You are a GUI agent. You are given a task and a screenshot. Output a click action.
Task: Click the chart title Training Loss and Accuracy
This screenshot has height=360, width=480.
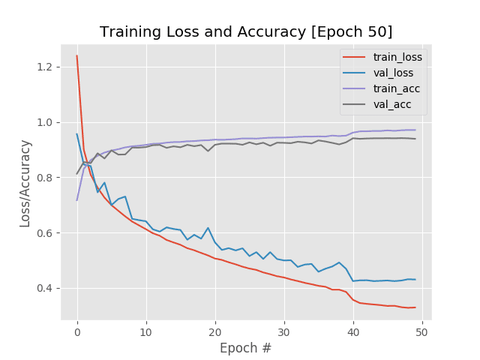(x=246, y=31)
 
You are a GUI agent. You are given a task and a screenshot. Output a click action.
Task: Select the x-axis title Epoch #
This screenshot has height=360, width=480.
(x=246, y=348)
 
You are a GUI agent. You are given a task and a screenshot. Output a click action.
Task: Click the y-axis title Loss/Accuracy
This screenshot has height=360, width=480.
(x=25, y=183)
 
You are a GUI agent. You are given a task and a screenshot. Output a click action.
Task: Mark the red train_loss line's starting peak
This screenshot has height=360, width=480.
(x=76, y=55)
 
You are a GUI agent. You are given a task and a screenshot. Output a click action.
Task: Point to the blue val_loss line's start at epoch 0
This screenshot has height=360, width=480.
(x=76, y=134)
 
